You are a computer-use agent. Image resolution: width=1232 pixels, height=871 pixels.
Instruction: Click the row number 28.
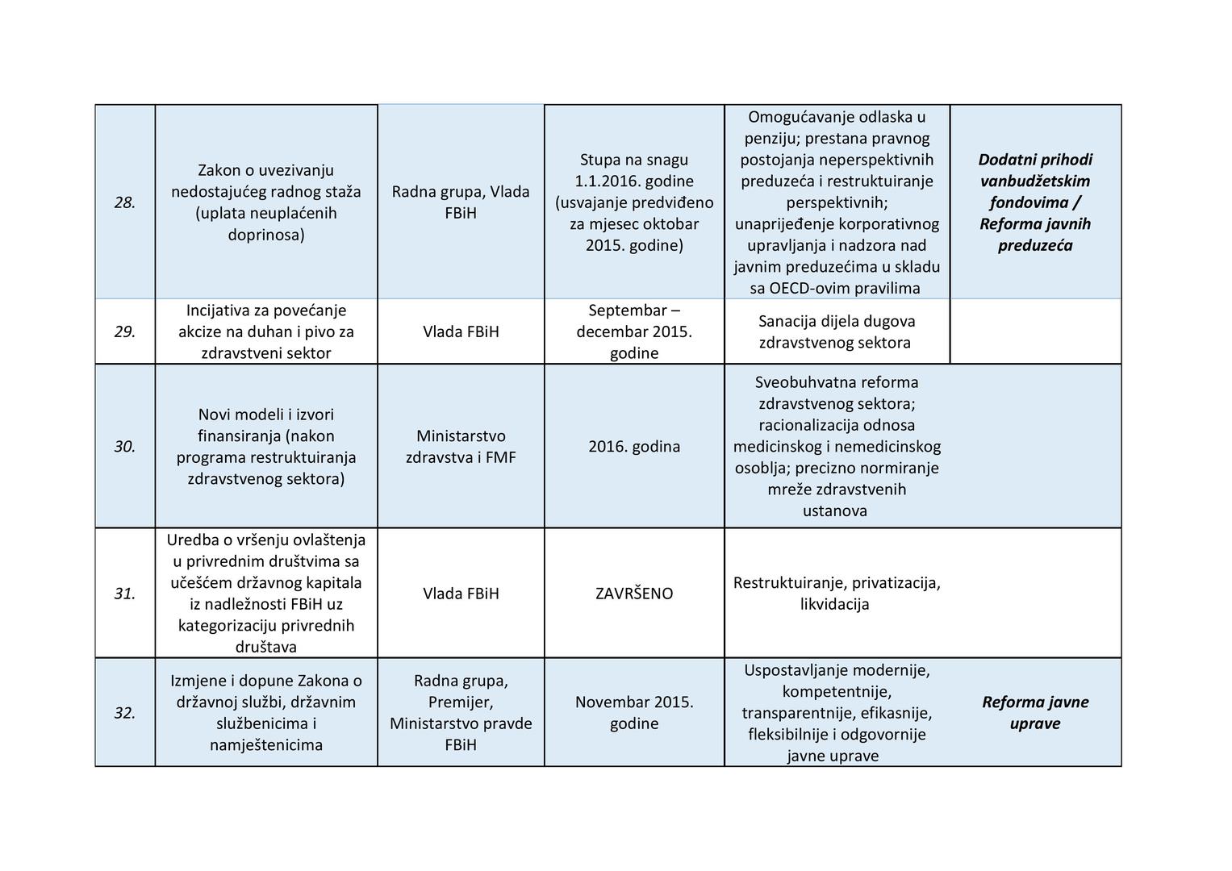pos(124,202)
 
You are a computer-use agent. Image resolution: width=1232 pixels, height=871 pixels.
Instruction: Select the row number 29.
pos(124,331)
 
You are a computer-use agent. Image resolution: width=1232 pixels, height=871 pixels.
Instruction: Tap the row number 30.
pos(124,446)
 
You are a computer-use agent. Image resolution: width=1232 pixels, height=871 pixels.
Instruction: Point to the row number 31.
pos(124,594)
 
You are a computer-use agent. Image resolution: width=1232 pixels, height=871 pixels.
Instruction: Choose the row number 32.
pos(124,713)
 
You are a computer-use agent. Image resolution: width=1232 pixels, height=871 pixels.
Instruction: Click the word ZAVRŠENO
pos(634,594)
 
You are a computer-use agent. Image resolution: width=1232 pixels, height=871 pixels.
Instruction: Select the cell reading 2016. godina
pos(634,446)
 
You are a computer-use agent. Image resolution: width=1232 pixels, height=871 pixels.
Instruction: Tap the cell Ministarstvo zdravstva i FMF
pos(461,447)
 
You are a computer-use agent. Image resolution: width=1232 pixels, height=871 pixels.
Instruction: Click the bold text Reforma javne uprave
pos(1035,713)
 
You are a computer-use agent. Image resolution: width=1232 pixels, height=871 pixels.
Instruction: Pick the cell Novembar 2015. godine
pos(634,713)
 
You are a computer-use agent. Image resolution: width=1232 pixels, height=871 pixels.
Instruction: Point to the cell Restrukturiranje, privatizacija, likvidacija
pos(836,594)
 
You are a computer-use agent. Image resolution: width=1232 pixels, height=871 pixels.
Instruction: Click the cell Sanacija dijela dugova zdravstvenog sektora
pos(836,331)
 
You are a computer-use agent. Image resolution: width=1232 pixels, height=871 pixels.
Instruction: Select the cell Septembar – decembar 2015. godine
pos(634,331)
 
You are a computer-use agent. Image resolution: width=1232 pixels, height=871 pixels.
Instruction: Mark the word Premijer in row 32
pos(460,702)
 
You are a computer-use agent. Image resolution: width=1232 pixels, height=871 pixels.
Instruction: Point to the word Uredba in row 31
pos(191,540)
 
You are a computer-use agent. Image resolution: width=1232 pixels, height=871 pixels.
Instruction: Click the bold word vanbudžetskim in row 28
pos(1035,181)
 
